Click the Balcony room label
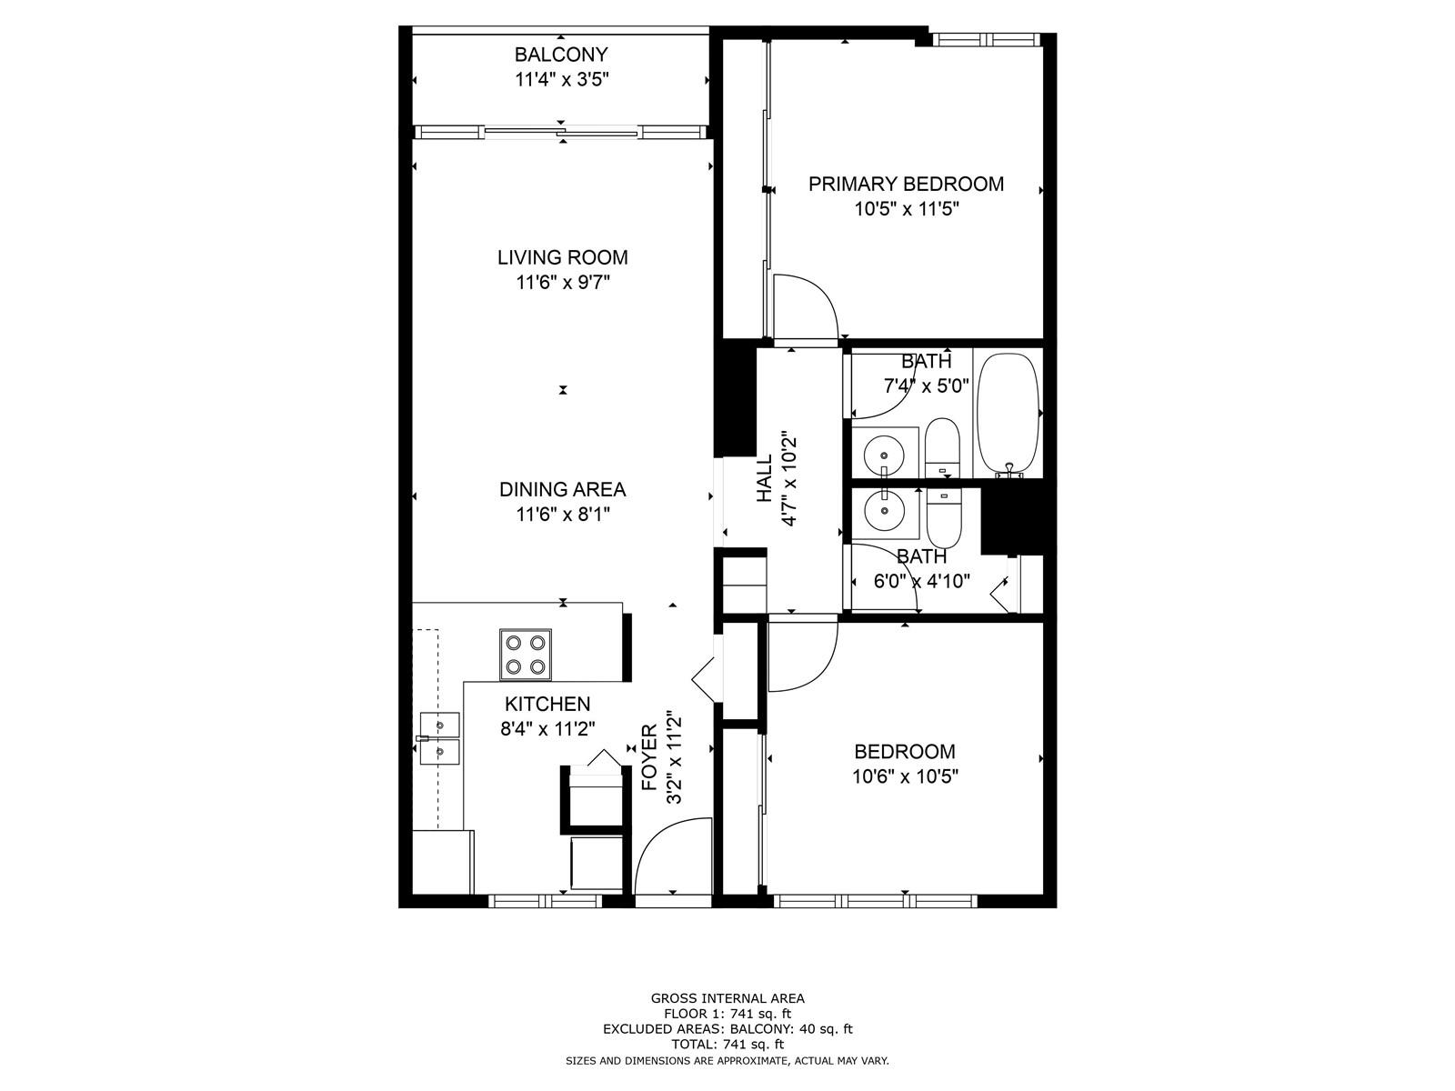tap(561, 54)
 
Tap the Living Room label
tap(562, 257)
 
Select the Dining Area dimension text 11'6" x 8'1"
tap(562, 514)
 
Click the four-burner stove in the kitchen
tap(525, 655)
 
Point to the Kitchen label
tap(547, 704)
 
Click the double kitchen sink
tap(439, 738)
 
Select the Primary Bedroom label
tap(906, 184)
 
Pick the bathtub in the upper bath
tap(1008, 415)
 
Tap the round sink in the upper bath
tap(884, 455)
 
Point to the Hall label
tap(764, 477)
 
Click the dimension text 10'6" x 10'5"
tap(905, 776)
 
